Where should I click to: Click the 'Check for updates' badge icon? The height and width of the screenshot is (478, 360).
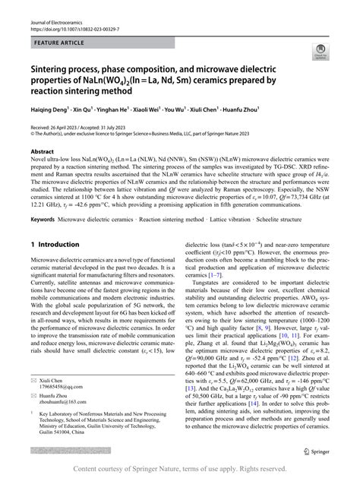coord(316,53)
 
